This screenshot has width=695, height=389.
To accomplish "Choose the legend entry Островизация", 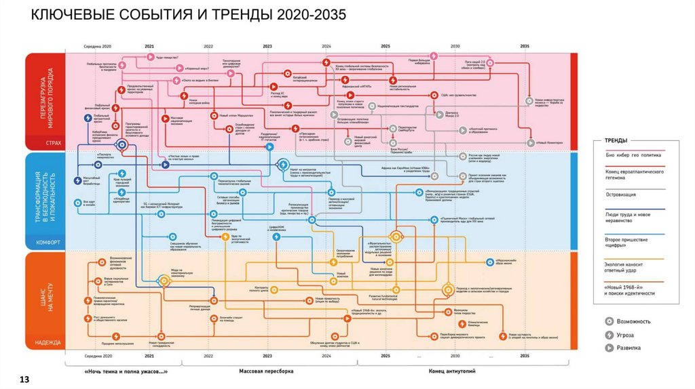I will pyautogui.click(x=623, y=194).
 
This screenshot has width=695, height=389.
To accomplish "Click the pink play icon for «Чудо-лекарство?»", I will pyautogui.click(x=151, y=58).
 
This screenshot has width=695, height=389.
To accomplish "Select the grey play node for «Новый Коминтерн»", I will pyautogui.click(x=529, y=143).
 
